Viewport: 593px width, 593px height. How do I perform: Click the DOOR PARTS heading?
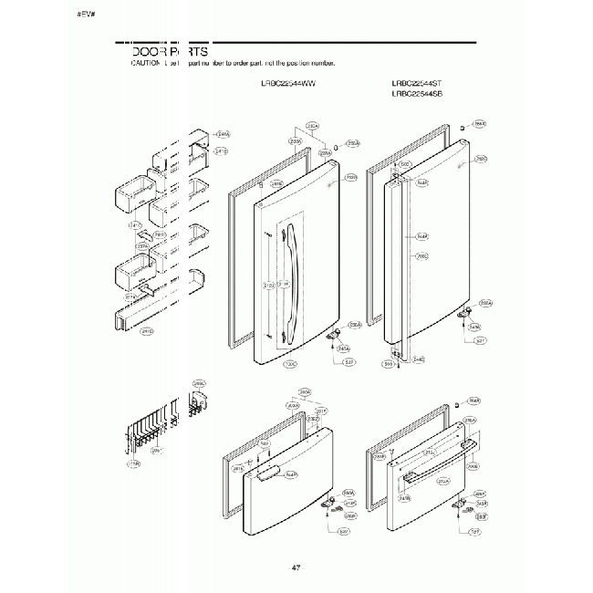[x=171, y=52]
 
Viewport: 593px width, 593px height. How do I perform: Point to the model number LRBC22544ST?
[x=417, y=83]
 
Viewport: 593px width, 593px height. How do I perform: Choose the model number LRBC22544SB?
[x=417, y=93]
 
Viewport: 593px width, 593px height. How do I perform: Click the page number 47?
[x=296, y=568]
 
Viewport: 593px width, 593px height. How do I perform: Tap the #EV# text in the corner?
[x=87, y=16]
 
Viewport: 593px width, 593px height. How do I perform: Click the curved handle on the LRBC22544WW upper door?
[x=291, y=283]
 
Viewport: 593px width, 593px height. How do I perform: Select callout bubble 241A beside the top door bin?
[x=222, y=135]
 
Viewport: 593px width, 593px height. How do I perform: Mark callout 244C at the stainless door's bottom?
[x=419, y=359]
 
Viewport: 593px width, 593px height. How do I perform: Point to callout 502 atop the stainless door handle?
[x=406, y=165]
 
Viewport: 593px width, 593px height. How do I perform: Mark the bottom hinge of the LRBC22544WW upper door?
[x=336, y=333]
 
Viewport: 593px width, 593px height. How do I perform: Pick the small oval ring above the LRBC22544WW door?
[x=336, y=146]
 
